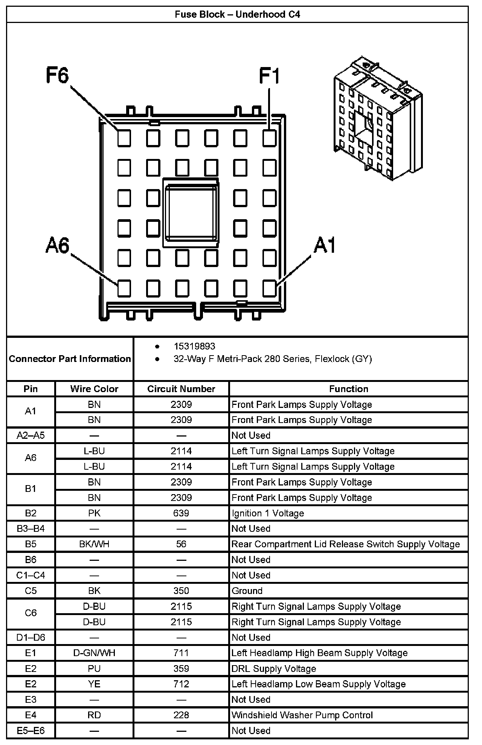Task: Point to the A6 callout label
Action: click(58, 245)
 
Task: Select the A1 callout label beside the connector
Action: click(325, 245)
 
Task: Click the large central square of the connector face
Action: click(191, 213)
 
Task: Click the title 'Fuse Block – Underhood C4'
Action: click(238, 15)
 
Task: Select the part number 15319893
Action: click(194, 346)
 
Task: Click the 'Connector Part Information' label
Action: click(70, 359)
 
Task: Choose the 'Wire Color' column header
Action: click(94, 389)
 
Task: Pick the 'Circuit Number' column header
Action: click(181, 389)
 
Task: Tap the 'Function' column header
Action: click(349, 389)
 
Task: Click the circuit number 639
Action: click(181, 513)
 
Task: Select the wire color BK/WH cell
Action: click(94, 544)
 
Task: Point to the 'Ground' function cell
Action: click(247, 591)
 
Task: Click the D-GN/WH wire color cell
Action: click(94, 653)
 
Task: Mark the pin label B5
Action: click(31, 544)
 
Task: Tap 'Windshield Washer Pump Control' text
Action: click(302, 715)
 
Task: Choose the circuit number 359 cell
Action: click(181, 669)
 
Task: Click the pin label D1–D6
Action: click(31, 637)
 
